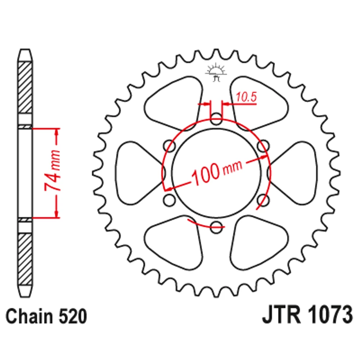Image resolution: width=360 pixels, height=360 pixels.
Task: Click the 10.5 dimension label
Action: coord(246,97)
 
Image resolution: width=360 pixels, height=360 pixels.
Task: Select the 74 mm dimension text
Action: coord(53,170)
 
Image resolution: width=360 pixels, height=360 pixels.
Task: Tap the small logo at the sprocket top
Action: coord(216,72)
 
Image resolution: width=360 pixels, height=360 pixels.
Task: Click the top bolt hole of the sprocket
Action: coord(216,119)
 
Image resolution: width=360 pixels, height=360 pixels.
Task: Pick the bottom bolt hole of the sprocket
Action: coord(216,227)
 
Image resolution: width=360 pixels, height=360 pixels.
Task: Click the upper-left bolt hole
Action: coord(170,146)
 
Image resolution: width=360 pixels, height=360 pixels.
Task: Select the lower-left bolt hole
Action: coord(170,200)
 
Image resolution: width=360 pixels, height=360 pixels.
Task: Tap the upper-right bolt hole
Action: coord(263,146)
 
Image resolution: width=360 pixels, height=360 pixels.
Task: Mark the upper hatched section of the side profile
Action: coord(25,87)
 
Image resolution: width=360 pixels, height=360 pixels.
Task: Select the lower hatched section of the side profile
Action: coord(25,259)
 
